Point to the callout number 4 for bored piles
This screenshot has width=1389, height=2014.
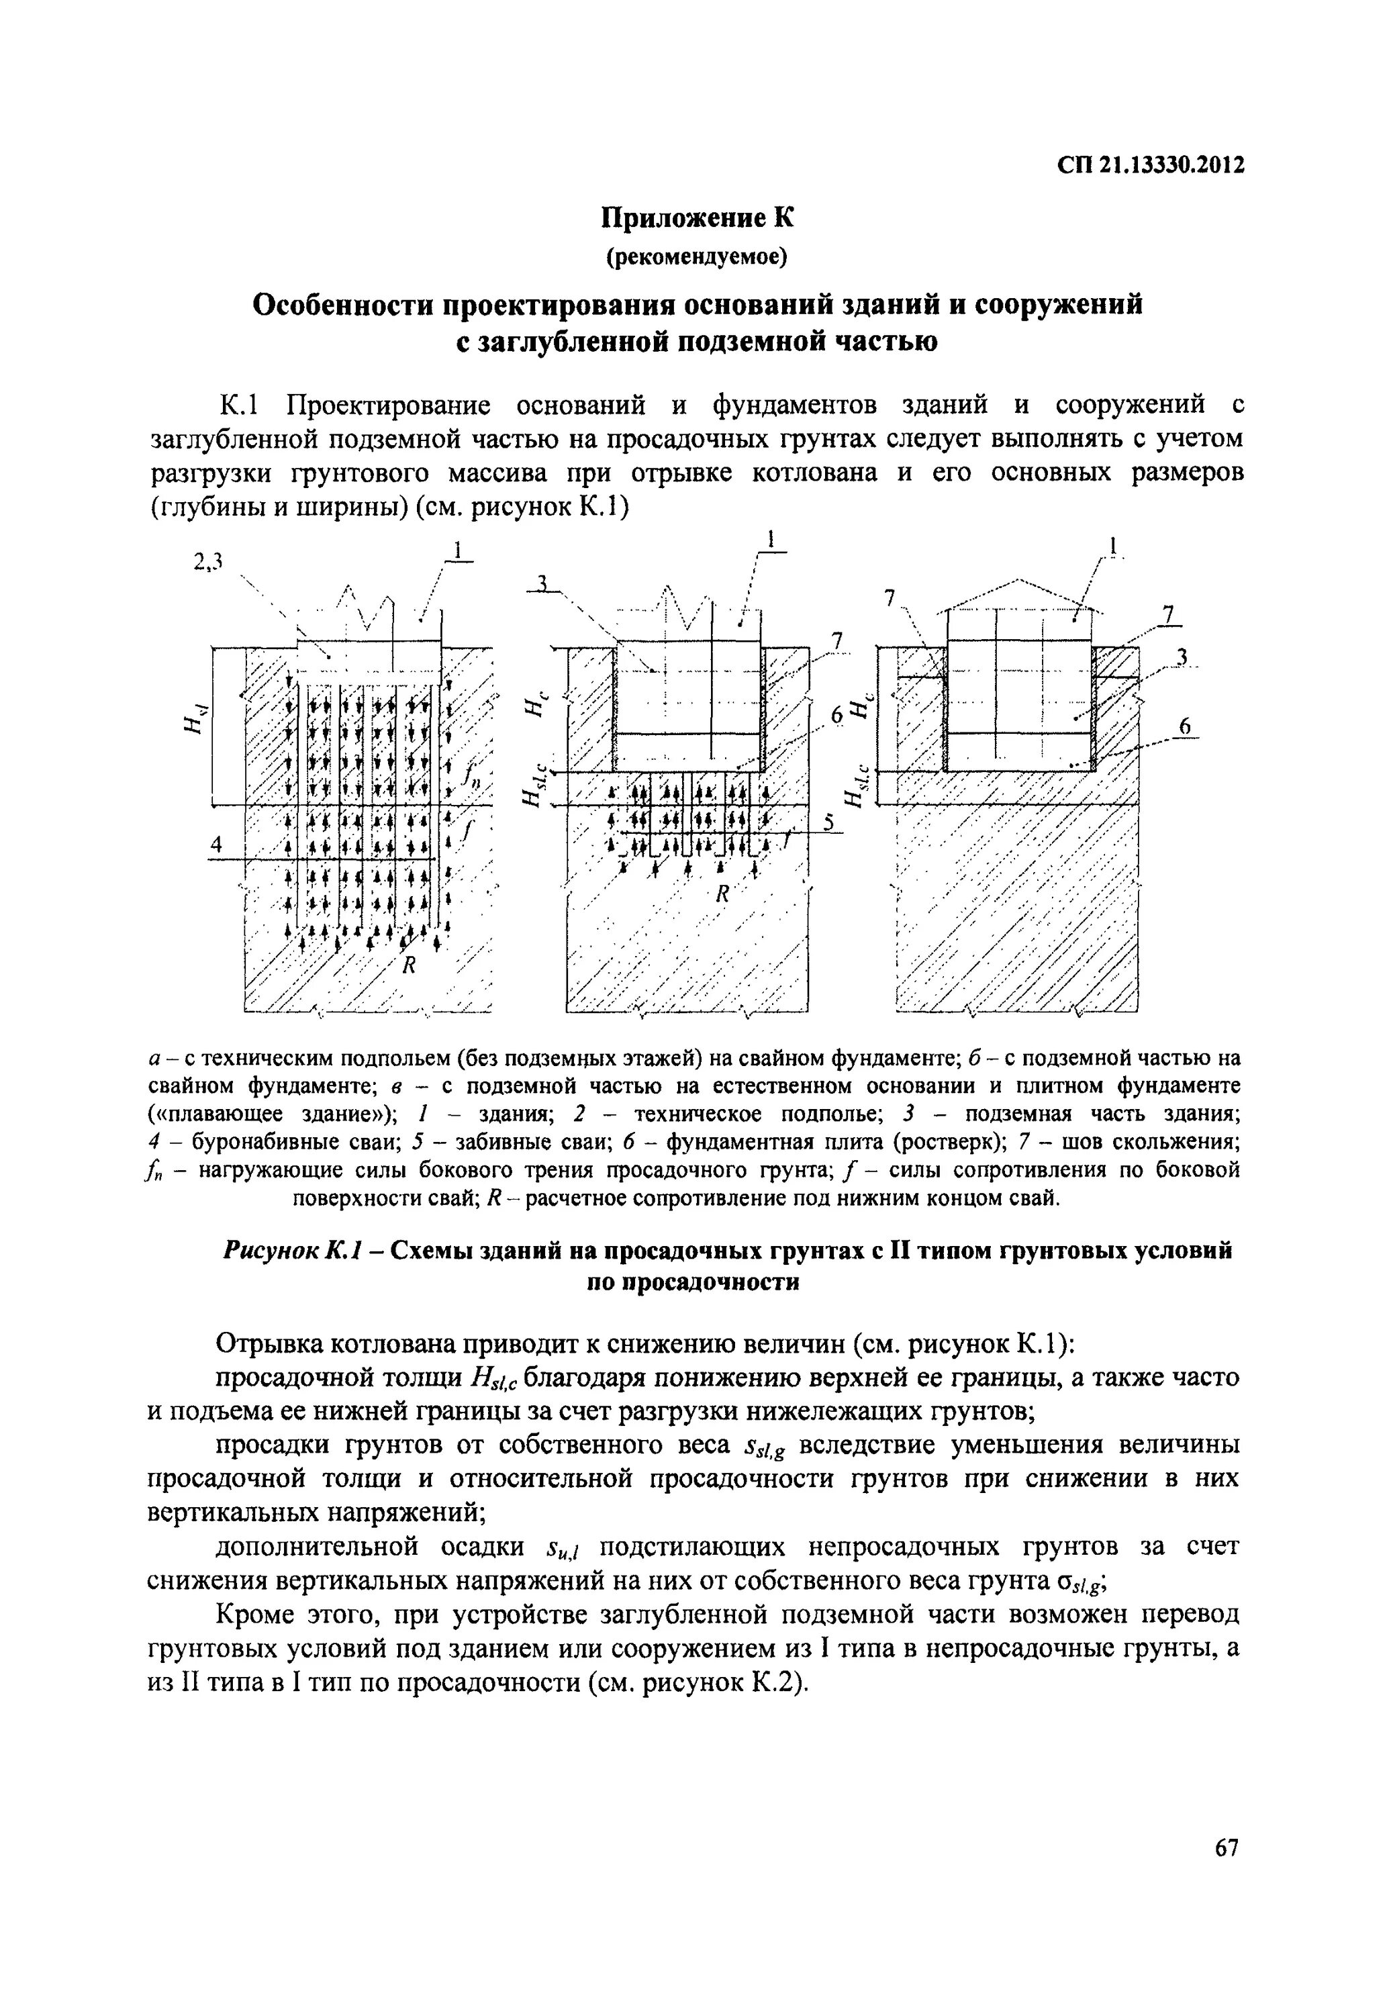[215, 845]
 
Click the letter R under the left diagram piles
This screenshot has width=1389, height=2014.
[406, 964]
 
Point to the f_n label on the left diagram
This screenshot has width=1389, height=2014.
[473, 773]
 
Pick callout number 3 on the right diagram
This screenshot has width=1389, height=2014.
[1181, 658]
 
